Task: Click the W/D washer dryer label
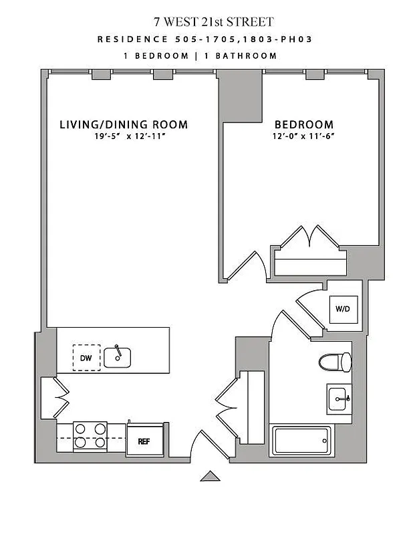pyautogui.click(x=342, y=309)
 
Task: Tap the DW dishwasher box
pyautogui.click(x=86, y=358)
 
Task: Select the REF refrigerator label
pyautogui.click(x=144, y=441)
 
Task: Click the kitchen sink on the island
pyautogui.click(x=118, y=356)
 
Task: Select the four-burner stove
pyautogui.click(x=90, y=435)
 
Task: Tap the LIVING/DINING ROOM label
pyautogui.click(x=124, y=124)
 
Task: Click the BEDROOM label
pyautogui.click(x=304, y=124)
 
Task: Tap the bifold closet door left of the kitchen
pyautogui.click(x=59, y=398)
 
